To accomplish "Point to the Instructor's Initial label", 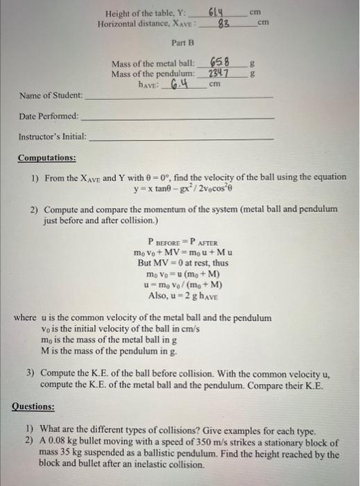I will (x=53, y=137).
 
